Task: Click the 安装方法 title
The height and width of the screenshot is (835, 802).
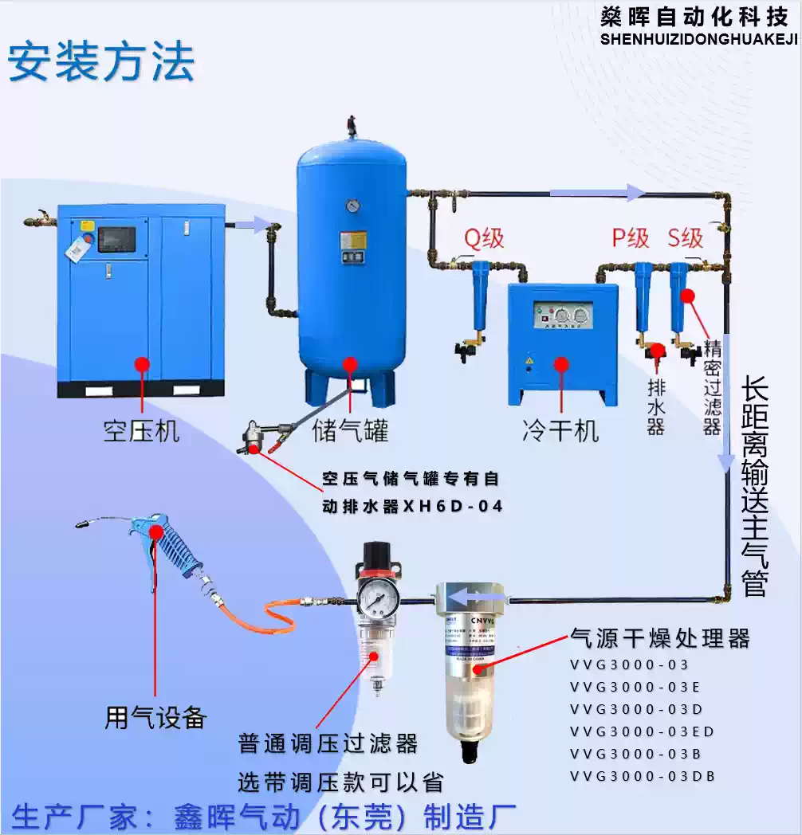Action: pyautogui.click(x=101, y=62)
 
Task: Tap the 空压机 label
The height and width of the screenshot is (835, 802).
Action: pyautogui.click(x=141, y=431)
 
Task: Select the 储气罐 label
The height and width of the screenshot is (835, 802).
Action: pyautogui.click(x=350, y=431)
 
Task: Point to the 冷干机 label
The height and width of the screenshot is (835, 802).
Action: pyautogui.click(x=560, y=431)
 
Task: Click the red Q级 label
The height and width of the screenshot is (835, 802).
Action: pyautogui.click(x=484, y=237)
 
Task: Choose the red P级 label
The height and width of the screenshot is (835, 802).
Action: pyautogui.click(x=631, y=237)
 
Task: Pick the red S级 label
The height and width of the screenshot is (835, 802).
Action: pyautogui.click(x=686, y=237)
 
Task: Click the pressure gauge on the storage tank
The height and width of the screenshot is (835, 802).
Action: pyautogui.click(x=352, y=206)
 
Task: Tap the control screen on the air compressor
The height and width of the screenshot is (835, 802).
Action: pyautogui.click(x=117, y=239)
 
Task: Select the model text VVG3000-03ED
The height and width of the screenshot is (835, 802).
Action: pyautogui.click(x=643, y=731)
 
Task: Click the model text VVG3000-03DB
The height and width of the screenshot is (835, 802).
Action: pyautogui.click(x=643, y=776)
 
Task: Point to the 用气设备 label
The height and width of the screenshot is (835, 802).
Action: pyautogui.click(x=156, y=717)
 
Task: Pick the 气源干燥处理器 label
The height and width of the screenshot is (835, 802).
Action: pyautogui.click(x=660, y=638)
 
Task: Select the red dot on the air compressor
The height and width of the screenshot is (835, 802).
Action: pyautogui.click(x=142, y=364)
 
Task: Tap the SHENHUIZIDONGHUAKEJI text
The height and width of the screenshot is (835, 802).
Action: pyautogui.click(x=698, y=39)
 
